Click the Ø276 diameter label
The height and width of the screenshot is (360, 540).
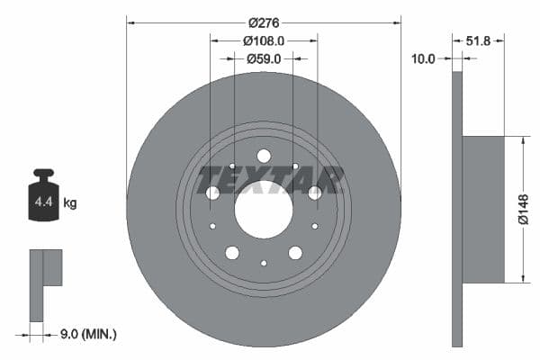coord(263,21)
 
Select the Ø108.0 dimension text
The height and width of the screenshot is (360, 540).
coord(264,40)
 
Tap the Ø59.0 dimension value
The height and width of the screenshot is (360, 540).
coord(264,58)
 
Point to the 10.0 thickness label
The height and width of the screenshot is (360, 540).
coord(422,58)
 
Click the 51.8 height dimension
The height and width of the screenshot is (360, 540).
coord(479,40)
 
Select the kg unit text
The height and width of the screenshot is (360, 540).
coord(70,203)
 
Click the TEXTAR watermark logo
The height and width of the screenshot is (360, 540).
coord(271,180)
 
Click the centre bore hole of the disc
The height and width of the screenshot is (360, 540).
coord(264,210)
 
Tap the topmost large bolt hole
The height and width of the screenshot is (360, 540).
coord(264,156)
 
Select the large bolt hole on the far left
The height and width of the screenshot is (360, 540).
coord(212,193)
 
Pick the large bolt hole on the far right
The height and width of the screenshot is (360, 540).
coord(315,193)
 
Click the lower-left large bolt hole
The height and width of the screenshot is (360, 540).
coord(232,253)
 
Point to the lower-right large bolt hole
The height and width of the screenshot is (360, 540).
coord(295,253)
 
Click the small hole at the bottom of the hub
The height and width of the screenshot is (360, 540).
coord(264,263)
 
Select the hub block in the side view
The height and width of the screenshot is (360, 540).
coord(484,209)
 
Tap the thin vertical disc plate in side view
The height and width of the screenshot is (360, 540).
coord(456,209)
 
